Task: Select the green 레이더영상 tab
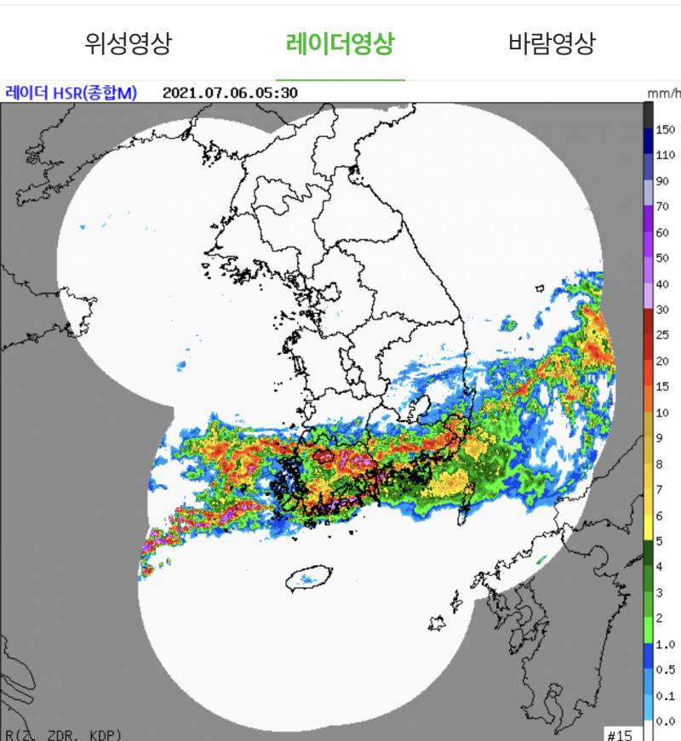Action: point(340,43)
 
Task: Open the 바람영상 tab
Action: point(552,43)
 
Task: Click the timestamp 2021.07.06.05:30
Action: point(230,93)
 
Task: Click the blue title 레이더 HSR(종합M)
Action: point(71,93)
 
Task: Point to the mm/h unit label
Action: point(663,93)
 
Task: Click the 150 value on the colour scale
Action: point(666,129)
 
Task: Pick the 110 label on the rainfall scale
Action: point(666,155)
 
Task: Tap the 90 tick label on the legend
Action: point(662,180)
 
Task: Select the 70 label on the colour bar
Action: point(662,206)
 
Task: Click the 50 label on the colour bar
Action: point(662,258)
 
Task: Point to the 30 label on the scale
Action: point(662,309)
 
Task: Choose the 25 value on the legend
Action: point(662,335)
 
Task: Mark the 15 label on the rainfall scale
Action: point(662,386)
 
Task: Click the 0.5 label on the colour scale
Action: point(665,670)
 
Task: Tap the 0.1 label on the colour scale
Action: point(665,696)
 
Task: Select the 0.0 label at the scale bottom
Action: point(665,722)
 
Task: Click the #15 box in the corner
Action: point(618,732)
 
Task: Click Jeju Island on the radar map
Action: point(308,582)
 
